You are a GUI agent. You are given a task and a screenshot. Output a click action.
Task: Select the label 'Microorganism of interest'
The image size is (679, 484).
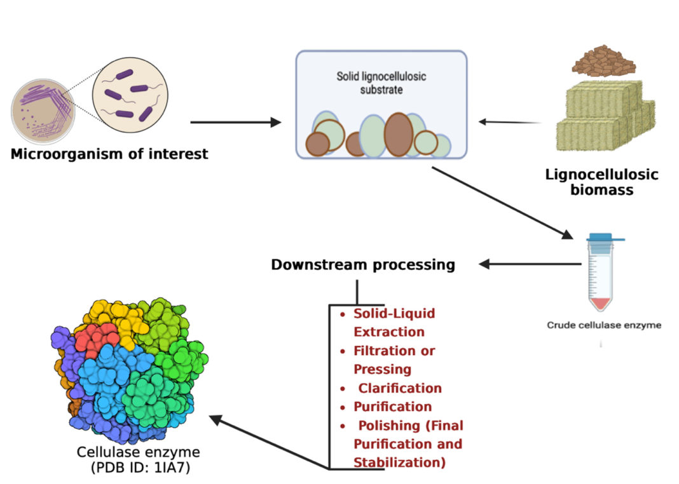(x=109, y=154)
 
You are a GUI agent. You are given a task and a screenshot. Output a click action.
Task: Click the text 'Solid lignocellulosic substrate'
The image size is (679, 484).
(x=381, y=83)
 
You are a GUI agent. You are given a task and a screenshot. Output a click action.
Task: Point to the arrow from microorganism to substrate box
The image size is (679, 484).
(x=235, y=122)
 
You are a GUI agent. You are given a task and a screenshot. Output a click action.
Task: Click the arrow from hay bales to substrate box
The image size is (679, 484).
(x=509, y=122)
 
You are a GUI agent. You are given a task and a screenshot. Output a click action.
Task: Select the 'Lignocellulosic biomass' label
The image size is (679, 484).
(x=601, y=182)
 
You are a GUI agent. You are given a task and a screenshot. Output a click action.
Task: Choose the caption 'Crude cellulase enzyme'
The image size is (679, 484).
(x=604, y=325)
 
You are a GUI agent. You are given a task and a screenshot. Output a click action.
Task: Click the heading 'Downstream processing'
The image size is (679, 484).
(x=363, y=264)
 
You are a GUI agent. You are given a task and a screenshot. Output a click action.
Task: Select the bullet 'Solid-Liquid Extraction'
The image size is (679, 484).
(x=394, y=323)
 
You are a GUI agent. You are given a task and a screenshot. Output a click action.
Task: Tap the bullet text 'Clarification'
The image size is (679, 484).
(x=400, y=387)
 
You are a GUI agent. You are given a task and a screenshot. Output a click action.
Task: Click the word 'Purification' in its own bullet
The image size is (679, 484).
(x=393, y=407)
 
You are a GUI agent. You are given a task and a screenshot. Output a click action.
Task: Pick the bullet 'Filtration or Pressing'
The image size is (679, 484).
(x=394, y=360)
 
